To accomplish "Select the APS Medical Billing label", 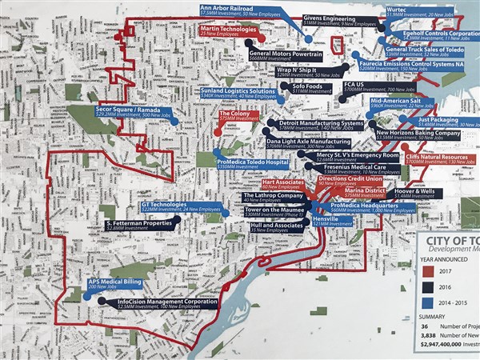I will pos(116,283).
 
